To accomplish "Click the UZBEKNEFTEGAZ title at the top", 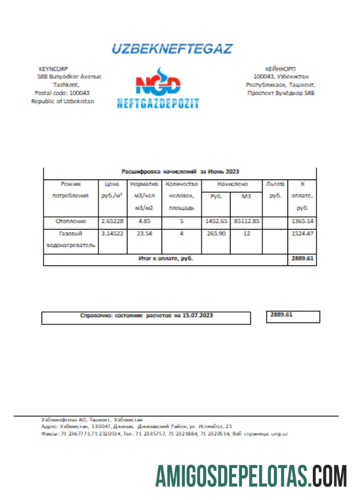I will click(171, 49).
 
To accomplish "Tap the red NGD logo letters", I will click(158, 84).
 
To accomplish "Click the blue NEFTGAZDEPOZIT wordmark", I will click(158, 103).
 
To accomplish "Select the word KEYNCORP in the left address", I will click(53, 69).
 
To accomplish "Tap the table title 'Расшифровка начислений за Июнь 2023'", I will click(180, 171).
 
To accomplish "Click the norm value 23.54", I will click(144, 233).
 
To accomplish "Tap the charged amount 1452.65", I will click(215, 220).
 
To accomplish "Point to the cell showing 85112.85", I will click(246, 220).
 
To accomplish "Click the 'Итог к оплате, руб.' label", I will click(165, 259).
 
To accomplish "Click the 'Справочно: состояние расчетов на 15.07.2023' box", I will click(146, 317).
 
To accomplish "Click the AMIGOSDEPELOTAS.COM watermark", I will click(251, 475).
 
